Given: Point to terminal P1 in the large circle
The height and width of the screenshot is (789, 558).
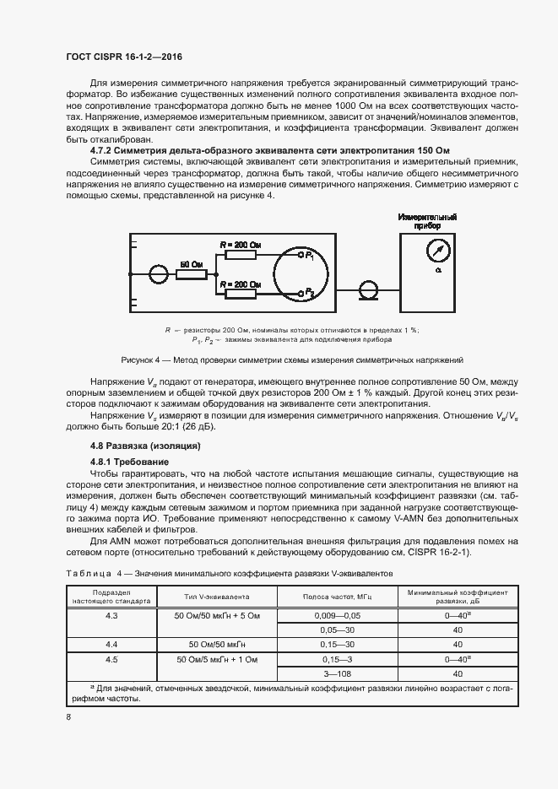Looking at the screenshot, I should pyautogui.click(x=302, y=255).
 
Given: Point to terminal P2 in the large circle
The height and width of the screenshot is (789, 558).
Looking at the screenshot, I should pyautogui.click(x=302, y=293).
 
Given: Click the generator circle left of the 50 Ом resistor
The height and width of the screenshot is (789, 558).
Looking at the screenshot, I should pyautogui.click(x=158, y=273).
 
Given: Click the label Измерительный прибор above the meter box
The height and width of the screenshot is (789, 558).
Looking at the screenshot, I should pyautogui.click(x=427, y=222).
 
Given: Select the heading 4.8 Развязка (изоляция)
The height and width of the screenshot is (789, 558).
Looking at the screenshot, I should pyautogui.click(x=145, y=446).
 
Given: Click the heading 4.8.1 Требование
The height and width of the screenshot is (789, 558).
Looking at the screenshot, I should pyautogui.click(x=129, y=462).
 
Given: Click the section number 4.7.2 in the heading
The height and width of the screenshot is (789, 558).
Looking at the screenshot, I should pyautogui.click(x=104, y=149).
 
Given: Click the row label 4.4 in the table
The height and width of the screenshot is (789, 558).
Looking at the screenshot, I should pyautogui.click(x=111, y=645).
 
